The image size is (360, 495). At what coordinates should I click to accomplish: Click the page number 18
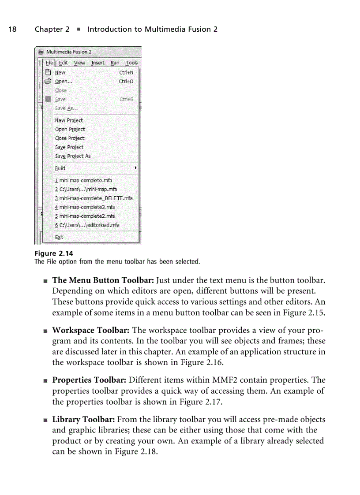tap(12, 30)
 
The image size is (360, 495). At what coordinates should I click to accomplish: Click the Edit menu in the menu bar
tap(64, 63)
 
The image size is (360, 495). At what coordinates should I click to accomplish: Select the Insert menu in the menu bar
tap(97, 63)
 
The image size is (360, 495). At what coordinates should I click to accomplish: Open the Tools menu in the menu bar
tap(131, 63)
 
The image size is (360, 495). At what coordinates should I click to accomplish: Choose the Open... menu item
tap(64, 82)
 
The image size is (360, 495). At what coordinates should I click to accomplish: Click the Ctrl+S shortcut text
tap(126, 100)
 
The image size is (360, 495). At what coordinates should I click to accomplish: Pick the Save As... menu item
tap(66, 108)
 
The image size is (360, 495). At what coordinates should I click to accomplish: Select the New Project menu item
tap(69, 120)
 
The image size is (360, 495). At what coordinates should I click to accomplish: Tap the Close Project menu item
tap(70, 138)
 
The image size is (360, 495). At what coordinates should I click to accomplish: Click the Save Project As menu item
tap(73, 156)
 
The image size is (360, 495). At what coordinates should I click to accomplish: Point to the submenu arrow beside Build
tap(135, 168)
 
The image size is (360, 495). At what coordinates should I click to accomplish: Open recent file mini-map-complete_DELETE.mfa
tap(94, 198)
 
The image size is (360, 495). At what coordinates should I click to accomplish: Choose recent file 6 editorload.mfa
tap(87, 225)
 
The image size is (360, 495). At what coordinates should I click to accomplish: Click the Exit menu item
tap(59, 237)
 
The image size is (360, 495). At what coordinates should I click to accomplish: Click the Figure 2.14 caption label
tap(53, 253)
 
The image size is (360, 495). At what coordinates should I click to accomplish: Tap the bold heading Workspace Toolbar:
tap(90, 330)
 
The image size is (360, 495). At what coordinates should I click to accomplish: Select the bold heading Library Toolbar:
tap(84, 420)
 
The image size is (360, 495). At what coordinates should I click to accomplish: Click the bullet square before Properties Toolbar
tap(45, 380)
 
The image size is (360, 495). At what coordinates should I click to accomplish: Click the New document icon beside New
tap(49, 73)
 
